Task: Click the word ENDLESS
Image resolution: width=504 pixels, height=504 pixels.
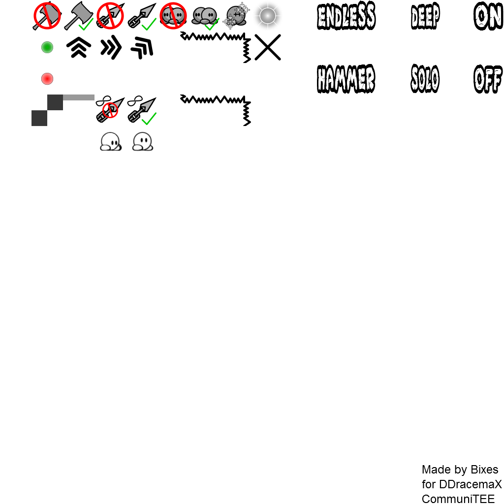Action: [346, 16]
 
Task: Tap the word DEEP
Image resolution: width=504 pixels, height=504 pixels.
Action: [425, 16]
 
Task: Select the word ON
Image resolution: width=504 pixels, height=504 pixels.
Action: [488, 16]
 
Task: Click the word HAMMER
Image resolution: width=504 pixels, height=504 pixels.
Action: [346, 79]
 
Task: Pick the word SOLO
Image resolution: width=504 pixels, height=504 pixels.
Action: [425, 79]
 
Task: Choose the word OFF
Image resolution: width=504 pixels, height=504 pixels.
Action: [488, 79]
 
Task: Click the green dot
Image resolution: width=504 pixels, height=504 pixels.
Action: [47, 47]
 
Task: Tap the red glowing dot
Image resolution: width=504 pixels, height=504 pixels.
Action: [47, 79]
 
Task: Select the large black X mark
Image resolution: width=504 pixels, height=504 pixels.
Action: [268, 47]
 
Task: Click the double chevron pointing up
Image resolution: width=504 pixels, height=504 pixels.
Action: [79, 47]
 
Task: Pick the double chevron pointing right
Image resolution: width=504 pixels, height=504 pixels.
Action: [111, 48]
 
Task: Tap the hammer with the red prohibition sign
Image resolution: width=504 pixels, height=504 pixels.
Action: [47, 16]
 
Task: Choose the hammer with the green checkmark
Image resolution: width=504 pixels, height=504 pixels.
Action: [79, 16]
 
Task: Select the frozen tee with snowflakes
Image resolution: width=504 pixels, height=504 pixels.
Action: [236, 16]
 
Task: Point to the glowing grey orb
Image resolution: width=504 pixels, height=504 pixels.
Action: [268, 16]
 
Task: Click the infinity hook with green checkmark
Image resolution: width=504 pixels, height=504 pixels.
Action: [142, 110]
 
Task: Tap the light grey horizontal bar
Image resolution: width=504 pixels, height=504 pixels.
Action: [79, 97]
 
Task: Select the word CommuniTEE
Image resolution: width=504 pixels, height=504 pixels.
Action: [458, 499]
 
